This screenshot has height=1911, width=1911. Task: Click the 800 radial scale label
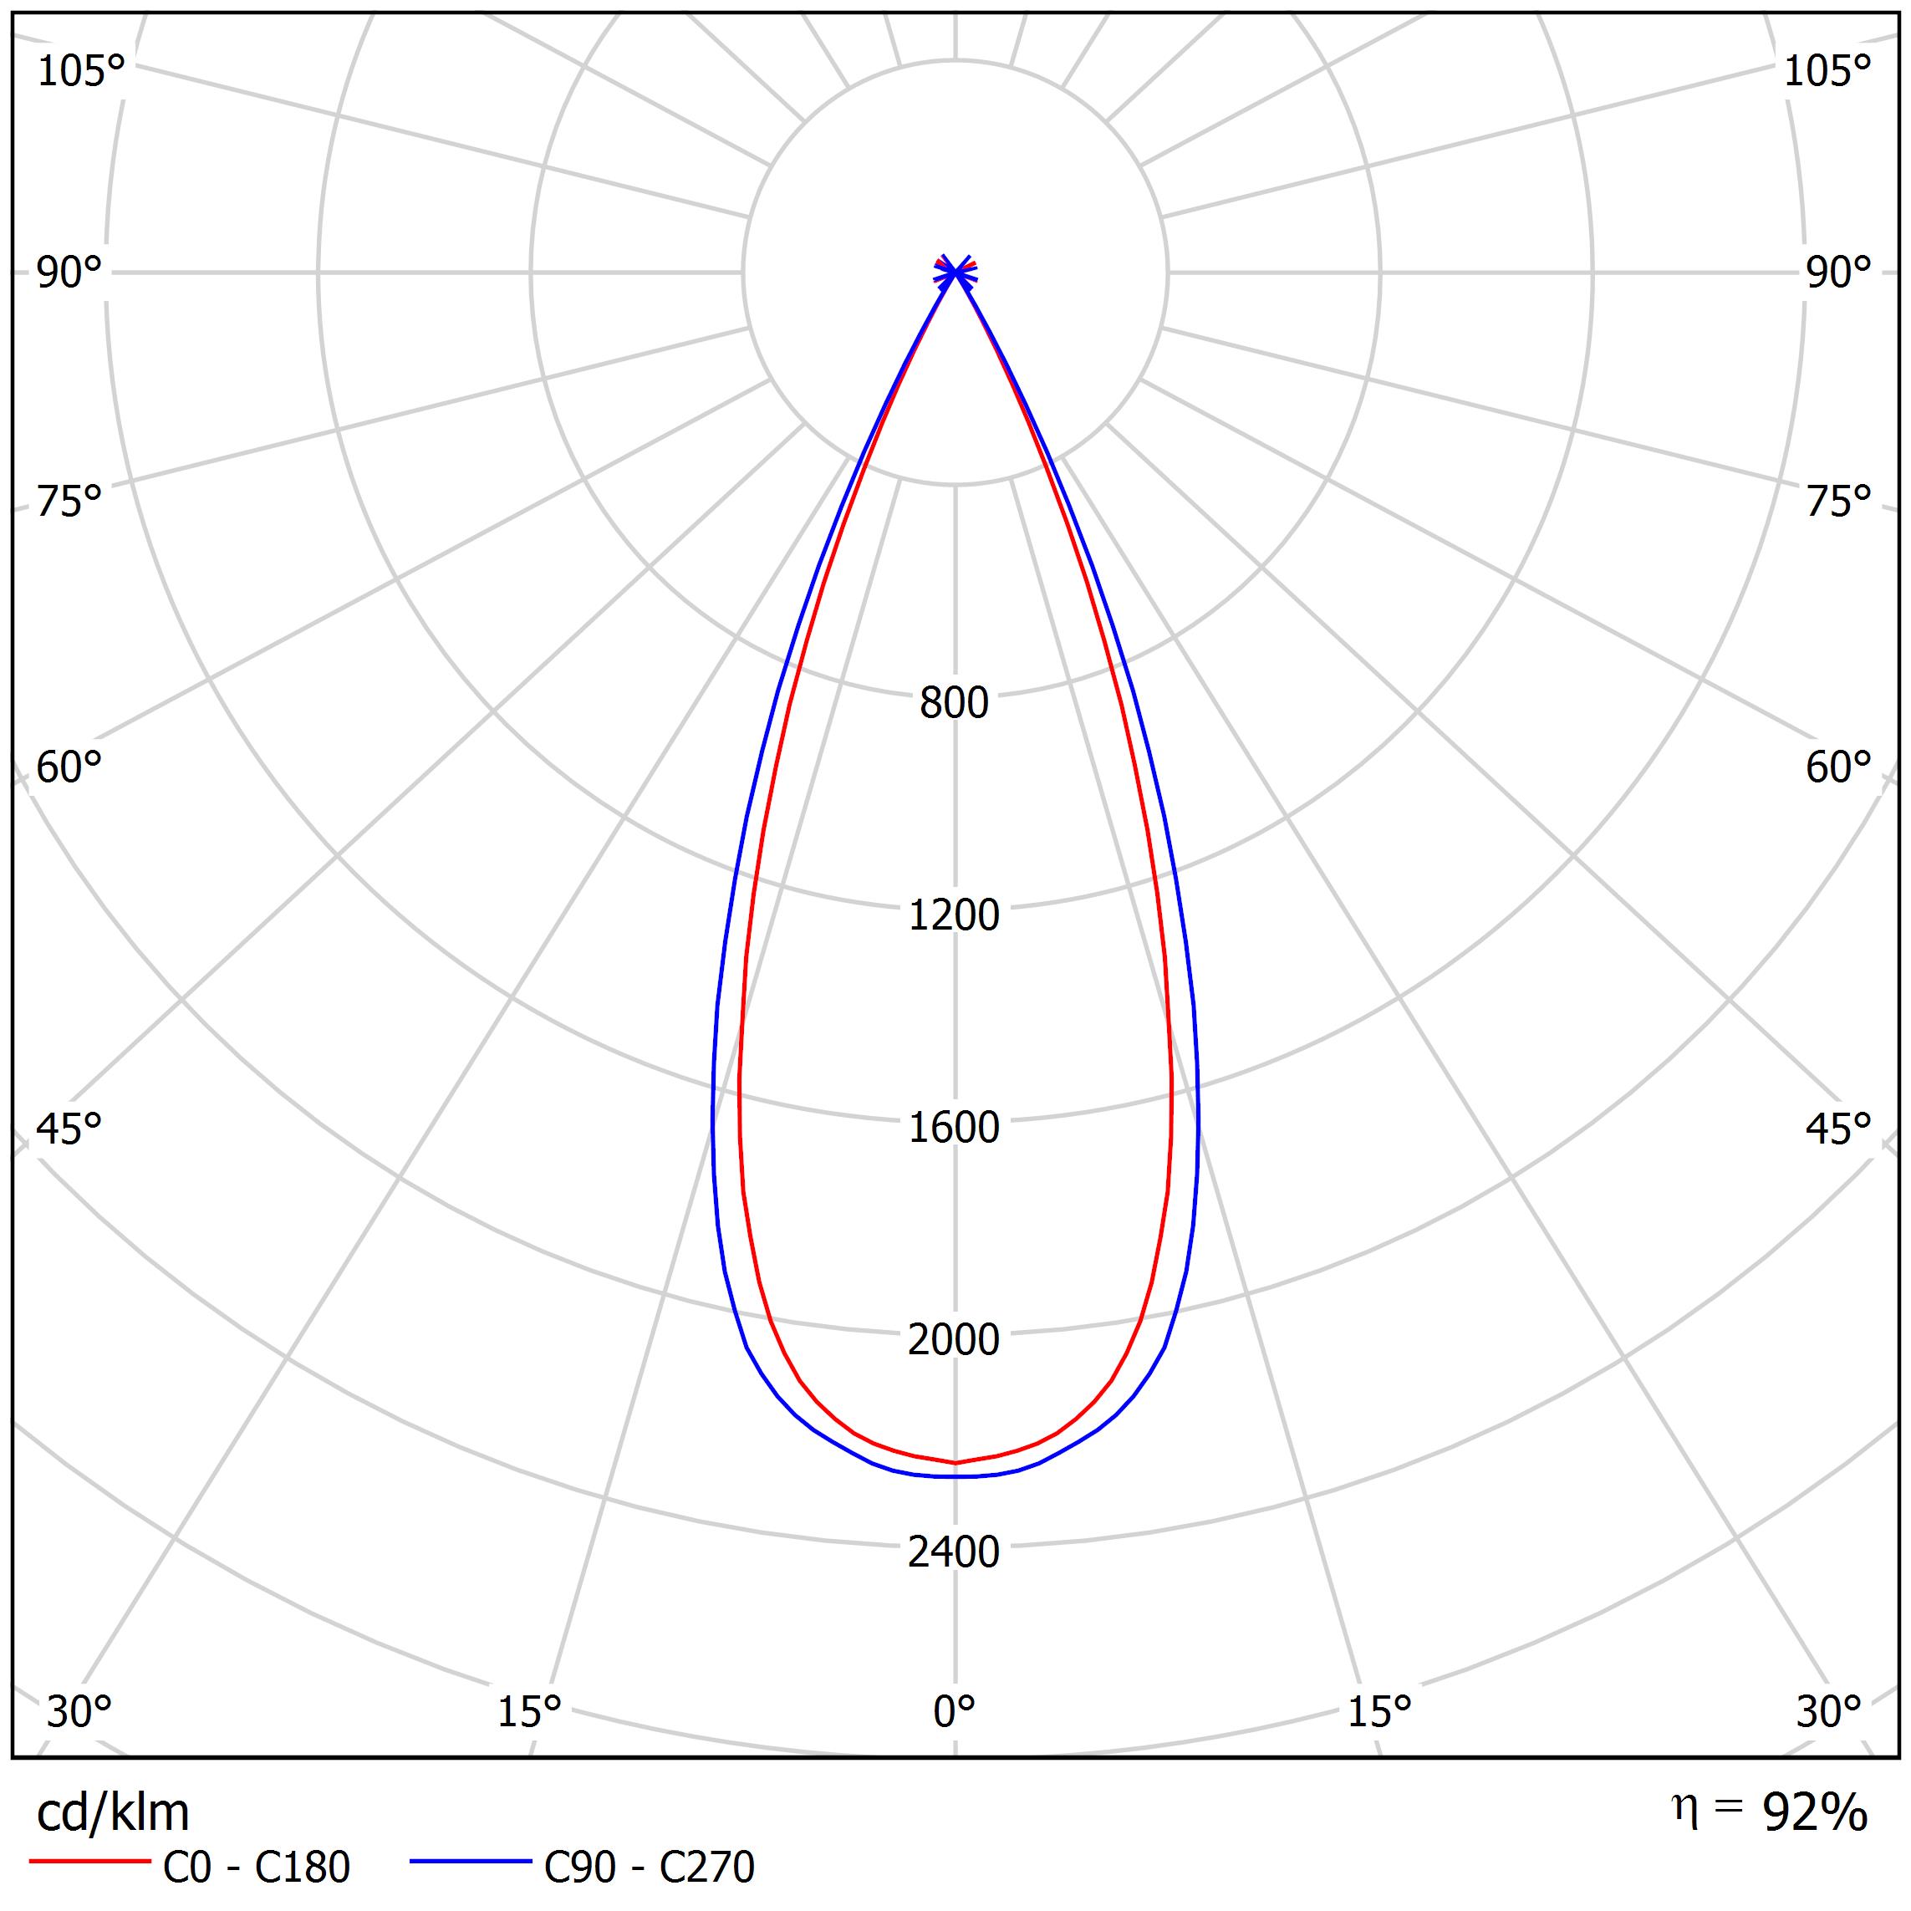[954, 703]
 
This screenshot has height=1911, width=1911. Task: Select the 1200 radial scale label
[954, 915]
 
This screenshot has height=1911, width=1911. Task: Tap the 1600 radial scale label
[954, 1128]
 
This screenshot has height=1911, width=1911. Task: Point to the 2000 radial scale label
[954, 1339]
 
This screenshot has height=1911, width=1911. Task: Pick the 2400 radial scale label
[954, 1552]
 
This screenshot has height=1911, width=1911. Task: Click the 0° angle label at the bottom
[955, 1712]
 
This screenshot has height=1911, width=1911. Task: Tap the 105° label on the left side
[81, 71]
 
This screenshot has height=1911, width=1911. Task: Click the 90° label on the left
[69, 273]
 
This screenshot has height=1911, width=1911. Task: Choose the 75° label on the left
[69, 502]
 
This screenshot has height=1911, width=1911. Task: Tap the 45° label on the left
[69, 1129]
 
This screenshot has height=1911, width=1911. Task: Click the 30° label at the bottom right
[1829, 1712]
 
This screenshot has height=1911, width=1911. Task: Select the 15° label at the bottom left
[529, 1712]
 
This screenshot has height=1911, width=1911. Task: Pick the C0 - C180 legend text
[256, 1868]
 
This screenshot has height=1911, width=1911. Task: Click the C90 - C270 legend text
[650, 1868]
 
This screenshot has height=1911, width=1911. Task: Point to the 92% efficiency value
[1815, 1812]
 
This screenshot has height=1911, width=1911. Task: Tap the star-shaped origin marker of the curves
[955, 269]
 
